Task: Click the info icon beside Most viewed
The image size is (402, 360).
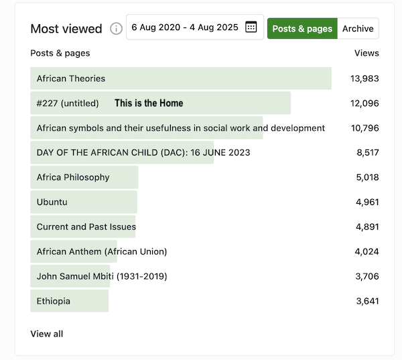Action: point(116,28)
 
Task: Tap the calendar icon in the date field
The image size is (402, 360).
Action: point(251,27)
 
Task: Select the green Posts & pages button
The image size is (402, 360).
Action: point(302,28)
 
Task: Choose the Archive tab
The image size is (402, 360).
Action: point(358,28)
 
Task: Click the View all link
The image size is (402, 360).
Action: point(47,334)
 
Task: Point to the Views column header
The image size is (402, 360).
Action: point(366,53)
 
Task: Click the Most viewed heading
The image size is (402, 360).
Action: point(66,28)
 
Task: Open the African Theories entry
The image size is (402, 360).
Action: point(71,78)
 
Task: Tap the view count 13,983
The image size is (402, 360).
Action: point(364,78)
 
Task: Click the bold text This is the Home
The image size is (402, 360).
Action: point(149,103)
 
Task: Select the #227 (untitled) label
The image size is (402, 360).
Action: point(68,103)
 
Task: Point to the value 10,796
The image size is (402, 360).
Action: point(365,128)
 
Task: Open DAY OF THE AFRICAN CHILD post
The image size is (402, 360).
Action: point(143,153)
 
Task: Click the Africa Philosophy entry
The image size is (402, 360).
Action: point(73,177)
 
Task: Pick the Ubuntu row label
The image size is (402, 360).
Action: point(52,202)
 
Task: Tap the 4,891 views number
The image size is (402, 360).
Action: point(367,227)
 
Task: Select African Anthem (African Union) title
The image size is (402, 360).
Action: point(102,251)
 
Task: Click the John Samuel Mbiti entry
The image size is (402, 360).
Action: point(102,276)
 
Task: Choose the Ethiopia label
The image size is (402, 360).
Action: point(54,301)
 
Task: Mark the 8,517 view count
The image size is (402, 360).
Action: point(368,153)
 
